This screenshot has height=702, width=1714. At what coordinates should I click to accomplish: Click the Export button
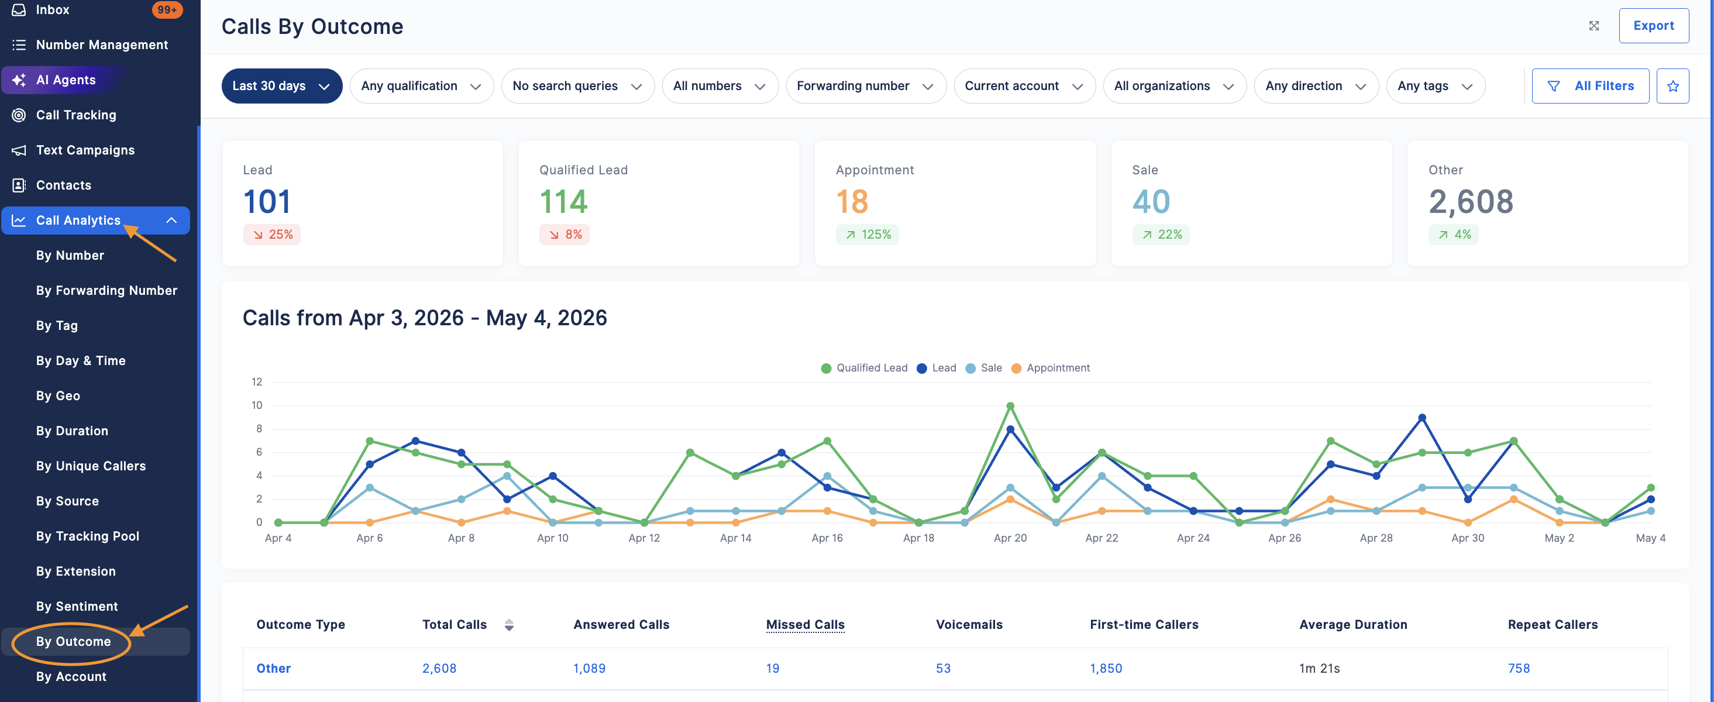pyautogui.click(x=1653, y=26)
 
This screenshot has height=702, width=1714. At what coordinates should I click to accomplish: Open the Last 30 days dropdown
pyautogui.click(x=281, y=86)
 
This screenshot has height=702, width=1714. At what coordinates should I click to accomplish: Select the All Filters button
pyautogui.click(x=1590, y=86)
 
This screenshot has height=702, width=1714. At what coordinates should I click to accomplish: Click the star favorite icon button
pyautogui.click(x=1672, y=86)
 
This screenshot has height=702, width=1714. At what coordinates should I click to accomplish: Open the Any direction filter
pyautogui.click(x=1316, y=86)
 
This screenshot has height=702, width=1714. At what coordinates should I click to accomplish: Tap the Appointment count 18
pyautogui.click(x=852, y=202)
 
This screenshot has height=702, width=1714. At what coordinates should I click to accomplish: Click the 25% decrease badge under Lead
pyautogui.click(x=272, y=234)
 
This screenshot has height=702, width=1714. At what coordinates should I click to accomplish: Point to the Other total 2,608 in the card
pyautogui.click(x=1471, y=202)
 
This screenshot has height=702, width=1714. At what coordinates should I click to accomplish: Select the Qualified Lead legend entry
pyautogui.click(x=865, y=368)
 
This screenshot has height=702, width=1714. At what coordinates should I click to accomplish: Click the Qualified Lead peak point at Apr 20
pyautogui.click(x=1010, y=406)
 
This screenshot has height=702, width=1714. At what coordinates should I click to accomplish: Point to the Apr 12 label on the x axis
pyautogui.click(x=644, y=538)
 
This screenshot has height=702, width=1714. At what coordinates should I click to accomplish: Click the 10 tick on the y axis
pyautogui.click(x=257, y=405)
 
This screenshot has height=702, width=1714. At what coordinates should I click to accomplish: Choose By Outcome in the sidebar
pyautogui.click(x=73, y=641)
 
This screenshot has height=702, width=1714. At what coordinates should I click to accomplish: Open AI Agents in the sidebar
pyautogui.click(x=66, y=80)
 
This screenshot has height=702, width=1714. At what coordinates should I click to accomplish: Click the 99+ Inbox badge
pyautogui.click(x=167, y=10)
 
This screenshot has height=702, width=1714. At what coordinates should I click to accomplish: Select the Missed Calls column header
pyautogui.click(x=805, y=624)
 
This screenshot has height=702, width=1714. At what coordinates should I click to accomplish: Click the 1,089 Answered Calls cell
pyautogui.click(x=590, y=668)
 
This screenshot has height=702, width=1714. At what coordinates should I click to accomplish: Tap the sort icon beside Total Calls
pyautogui.click(x=509, y=625)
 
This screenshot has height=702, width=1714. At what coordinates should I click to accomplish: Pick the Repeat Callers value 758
pyautogui.click(x=1519, y=668)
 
